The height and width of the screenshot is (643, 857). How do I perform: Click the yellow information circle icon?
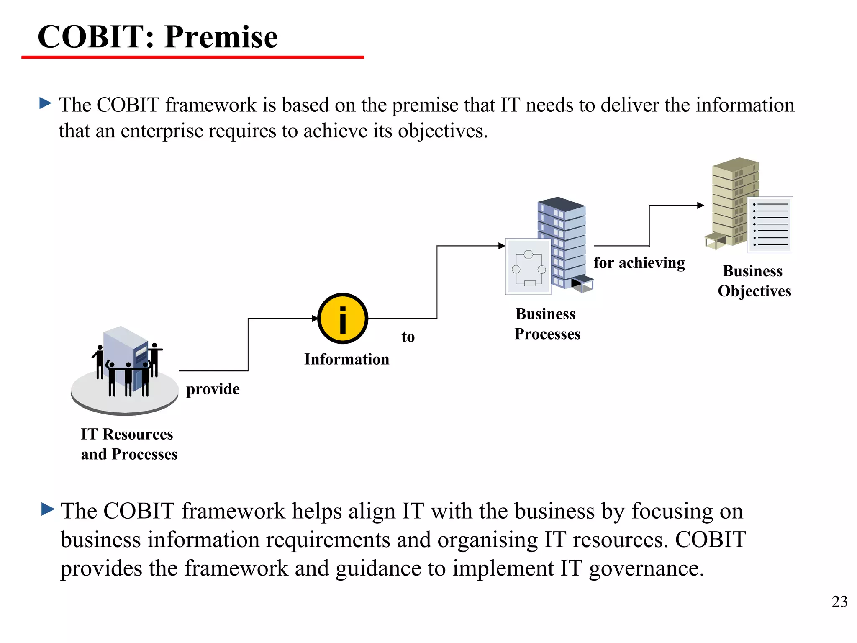tap(343, 319)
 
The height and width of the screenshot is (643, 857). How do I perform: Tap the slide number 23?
tap(839, 602)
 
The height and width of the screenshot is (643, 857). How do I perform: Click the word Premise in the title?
tap(221, 37)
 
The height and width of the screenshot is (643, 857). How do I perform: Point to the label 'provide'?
tap(213, 389)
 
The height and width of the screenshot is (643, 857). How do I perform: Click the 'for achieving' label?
tap(639, 263)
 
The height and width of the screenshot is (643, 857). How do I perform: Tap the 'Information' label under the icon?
tap(346, 359)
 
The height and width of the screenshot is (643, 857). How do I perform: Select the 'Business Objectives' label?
tap(754, 281)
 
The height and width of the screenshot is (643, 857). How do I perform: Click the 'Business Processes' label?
tap(547, 324)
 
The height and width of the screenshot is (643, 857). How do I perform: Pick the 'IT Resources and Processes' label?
tap(129, 444)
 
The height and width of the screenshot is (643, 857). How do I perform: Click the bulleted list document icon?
tap(770, 225)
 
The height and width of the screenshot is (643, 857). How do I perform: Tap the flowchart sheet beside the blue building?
tap(528, 267)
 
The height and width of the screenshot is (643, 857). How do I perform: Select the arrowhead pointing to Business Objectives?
tap(700, 206)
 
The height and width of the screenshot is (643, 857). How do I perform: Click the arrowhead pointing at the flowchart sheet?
tap(502, 246)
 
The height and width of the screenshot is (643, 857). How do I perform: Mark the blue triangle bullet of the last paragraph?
tap(48, 509)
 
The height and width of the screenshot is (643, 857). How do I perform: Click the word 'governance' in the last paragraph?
tap(646, 569)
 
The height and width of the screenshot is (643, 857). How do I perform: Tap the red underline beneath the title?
tap(192, 57)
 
